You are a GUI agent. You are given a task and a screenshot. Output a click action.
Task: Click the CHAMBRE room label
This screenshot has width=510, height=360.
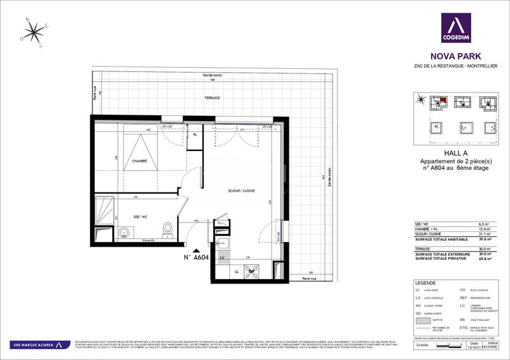[x=140, y=161]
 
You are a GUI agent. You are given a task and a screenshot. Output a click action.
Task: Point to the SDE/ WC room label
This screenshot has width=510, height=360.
[x=140, y=216]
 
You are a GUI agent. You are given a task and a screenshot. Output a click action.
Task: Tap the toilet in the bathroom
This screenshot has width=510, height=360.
[x=167, y=228]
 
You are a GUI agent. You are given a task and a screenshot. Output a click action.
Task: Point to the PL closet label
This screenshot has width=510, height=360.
[x=196, y=135]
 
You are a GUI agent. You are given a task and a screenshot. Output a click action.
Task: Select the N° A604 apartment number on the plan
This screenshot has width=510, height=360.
[x=196, y=258]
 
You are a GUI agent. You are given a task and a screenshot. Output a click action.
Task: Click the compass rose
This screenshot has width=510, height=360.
[x=31, y=32]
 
